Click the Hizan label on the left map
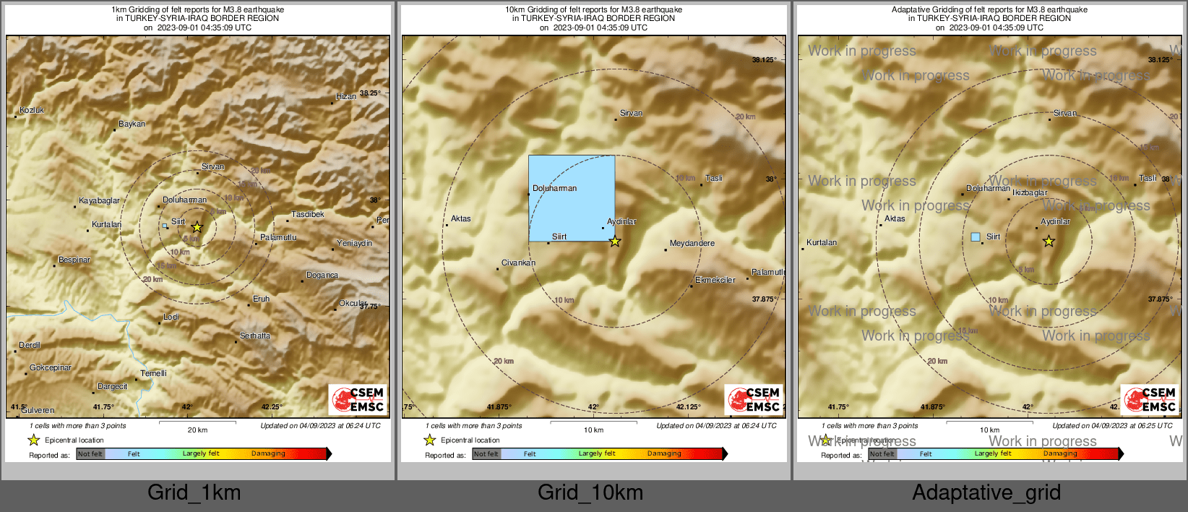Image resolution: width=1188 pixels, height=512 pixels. tap(346, 97)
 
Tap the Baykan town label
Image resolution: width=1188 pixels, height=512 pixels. tap(132, 124)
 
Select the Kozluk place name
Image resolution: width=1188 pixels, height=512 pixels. tap(32, 111)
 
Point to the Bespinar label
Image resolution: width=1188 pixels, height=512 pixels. tap(74, 260)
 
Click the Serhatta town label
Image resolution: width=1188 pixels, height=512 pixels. tap(255, 336)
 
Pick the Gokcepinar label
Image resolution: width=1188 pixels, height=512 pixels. tap(51, 368)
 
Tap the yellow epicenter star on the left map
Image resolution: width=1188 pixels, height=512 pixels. tap(197, 227)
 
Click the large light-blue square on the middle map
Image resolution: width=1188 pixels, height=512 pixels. tap(572, 198)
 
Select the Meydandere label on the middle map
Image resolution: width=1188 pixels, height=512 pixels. tap(692, 244)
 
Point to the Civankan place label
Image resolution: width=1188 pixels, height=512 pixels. tap(518, 263)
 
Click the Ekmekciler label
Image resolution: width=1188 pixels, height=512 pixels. tap(715, 281)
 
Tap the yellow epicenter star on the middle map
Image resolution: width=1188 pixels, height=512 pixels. tap(615, 242)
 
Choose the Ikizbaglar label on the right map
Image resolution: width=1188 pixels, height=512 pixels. tap(1030, 193)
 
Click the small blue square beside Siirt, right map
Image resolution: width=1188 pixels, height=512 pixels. tap(976, 237)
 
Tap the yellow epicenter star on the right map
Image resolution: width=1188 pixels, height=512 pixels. tap(1049, 242)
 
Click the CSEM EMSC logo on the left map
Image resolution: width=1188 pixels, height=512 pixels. tap(358, 400)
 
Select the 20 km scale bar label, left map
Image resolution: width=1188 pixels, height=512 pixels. tap(197, 430)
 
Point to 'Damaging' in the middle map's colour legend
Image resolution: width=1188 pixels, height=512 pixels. tap(664, 454)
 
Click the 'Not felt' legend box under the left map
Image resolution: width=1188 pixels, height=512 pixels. tap(90, 454)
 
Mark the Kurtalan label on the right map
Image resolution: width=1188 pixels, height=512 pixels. tap(822, 243)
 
